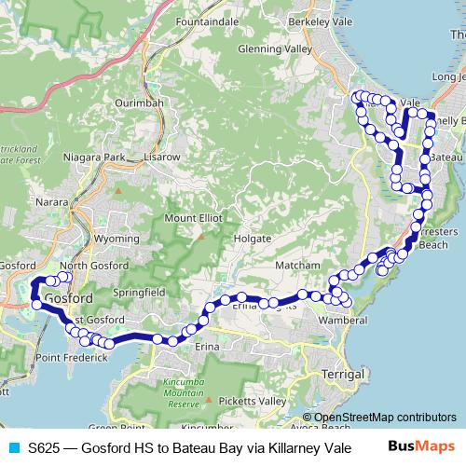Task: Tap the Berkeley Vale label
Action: (x=320, y=18)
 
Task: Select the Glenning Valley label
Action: (x=275, y=48)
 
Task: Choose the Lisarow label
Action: (x=161, y=158)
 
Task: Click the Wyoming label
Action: (x=116, y=239)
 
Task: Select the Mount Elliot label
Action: (x=193, y=217)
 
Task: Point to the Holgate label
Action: (x=252, y=239)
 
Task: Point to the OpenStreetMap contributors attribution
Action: (x=384, y=418)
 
